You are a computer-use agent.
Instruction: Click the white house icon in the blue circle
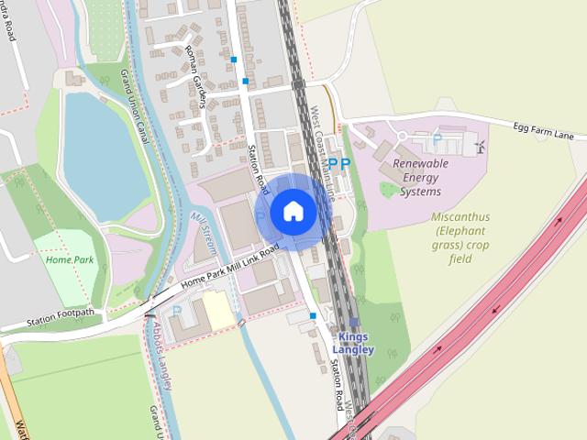click(x=293, y=212)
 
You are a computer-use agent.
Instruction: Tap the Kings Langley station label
click(x=354, y=344)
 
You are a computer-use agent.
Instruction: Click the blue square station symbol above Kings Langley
click(x=354, y=323)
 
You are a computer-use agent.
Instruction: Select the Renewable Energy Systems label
click(x=421, y=177)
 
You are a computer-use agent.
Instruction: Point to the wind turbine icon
click(x=478, y=146)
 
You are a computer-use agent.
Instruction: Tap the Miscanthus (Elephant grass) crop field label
click(x=460, y=238)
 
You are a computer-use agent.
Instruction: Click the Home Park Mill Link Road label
click(x=229, y=269)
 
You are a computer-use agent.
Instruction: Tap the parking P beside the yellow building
click(x=177, y=311)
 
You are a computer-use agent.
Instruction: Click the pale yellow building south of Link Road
click(x=218, y=311)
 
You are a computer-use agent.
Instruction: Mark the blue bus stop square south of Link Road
click(x=313, y=316)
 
